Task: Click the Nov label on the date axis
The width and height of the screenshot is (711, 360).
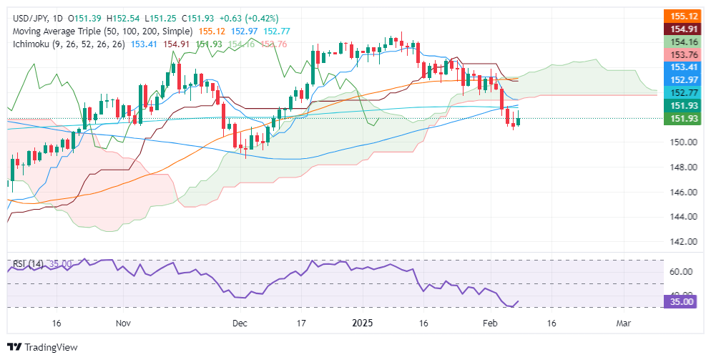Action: click(x=124, y=323)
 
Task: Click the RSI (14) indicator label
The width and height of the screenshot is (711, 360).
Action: click(x=27, y=264)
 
